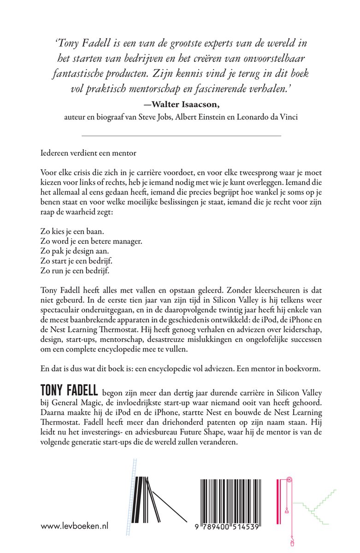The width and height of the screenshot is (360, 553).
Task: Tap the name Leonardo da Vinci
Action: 271,117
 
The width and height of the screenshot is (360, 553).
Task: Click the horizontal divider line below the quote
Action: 181,135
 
